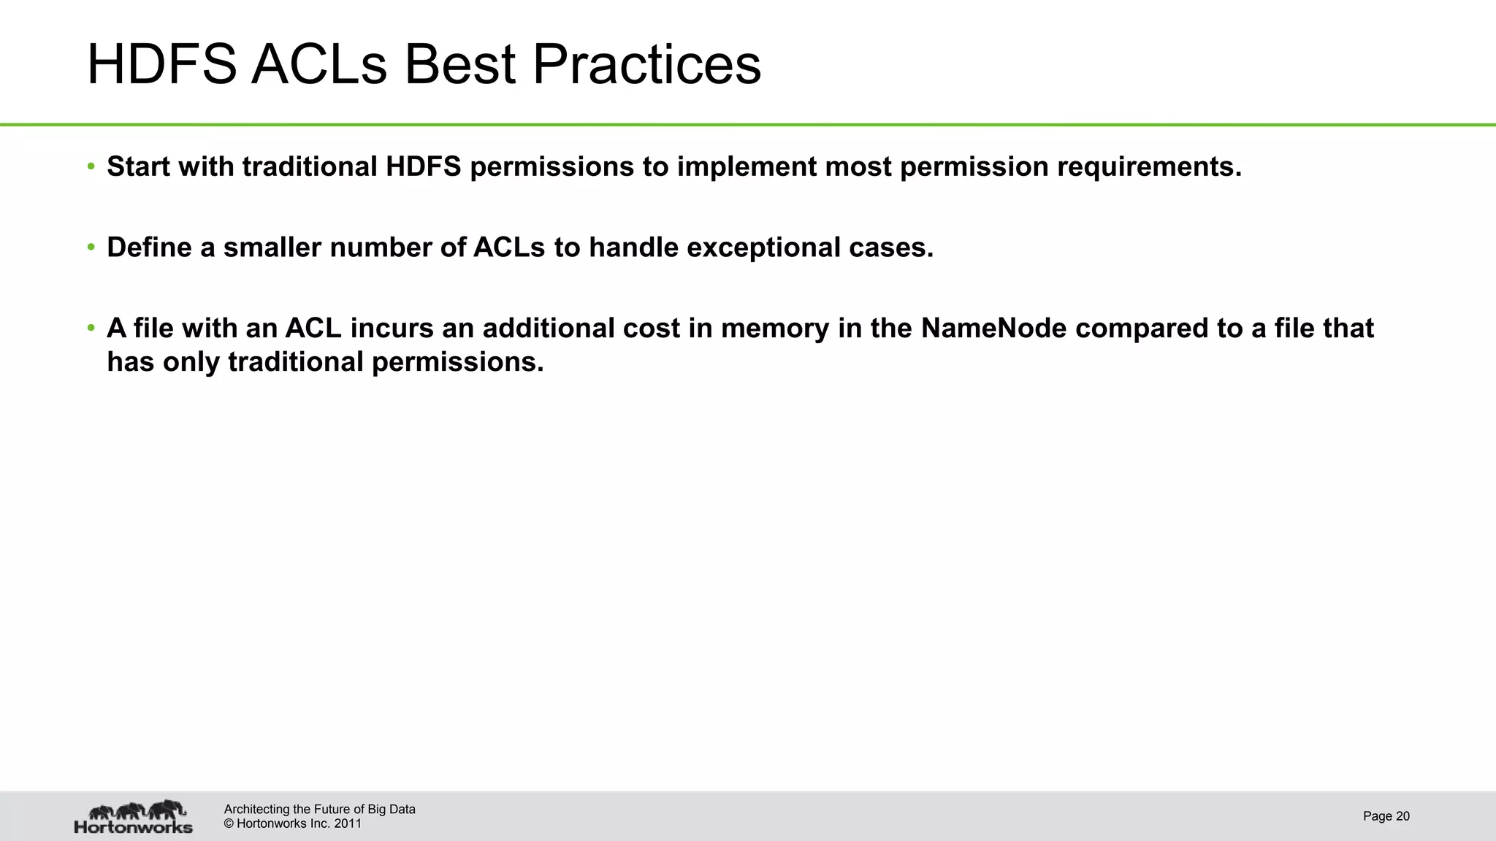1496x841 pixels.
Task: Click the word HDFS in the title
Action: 161,65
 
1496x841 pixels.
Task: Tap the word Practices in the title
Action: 646,65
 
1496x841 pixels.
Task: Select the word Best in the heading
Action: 460,65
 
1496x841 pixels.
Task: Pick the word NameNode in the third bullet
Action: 994,329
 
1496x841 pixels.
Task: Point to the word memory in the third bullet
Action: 775,329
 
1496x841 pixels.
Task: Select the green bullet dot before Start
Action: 91,166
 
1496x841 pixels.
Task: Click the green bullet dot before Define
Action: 91,247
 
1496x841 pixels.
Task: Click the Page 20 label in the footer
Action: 1386,816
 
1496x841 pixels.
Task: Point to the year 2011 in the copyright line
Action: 348,823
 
